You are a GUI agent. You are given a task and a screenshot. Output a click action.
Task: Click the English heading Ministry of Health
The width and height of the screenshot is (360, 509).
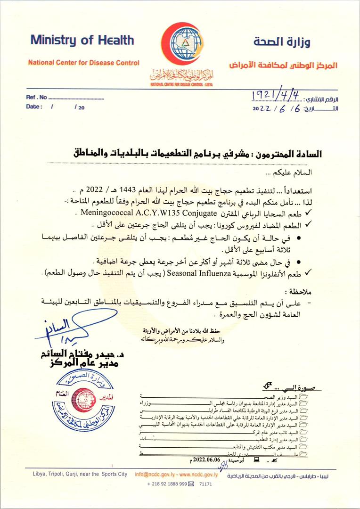82,40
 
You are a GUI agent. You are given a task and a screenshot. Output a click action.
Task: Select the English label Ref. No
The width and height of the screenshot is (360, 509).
36,98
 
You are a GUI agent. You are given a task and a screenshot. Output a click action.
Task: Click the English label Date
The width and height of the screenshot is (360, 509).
34,107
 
